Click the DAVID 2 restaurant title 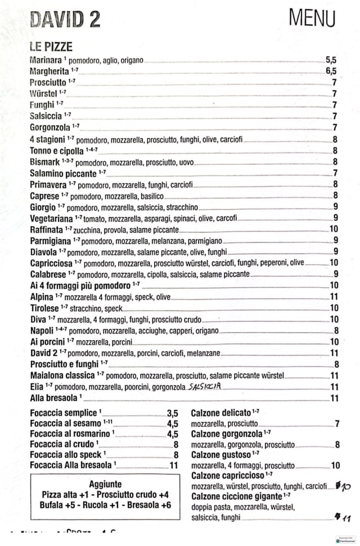pos(65,20)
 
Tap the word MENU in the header pos(312,17)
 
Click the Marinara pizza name pos(45,60)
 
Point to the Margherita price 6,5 pos(331,71)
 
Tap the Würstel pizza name pos(44,93)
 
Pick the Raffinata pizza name pos(47,229)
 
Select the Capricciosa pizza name pos(51,263)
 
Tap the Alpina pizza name pos(42,296)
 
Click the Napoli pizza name pos(42,331)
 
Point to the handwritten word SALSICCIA pos(205,386)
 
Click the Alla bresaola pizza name pos(53,398)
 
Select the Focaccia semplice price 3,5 pos(172,413)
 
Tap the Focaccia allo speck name pos(66,455)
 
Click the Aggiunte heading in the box pos(105,484)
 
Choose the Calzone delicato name pos(221,413)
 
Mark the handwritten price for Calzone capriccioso pos(343,486)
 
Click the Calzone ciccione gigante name pos(237,497)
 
